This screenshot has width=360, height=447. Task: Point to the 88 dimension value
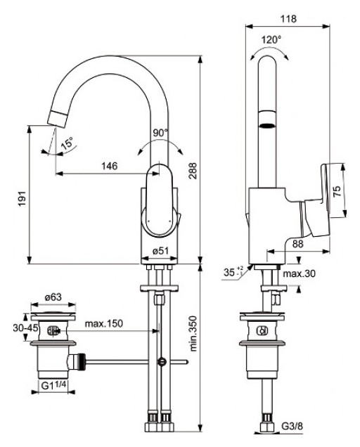[x=297, y=244]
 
